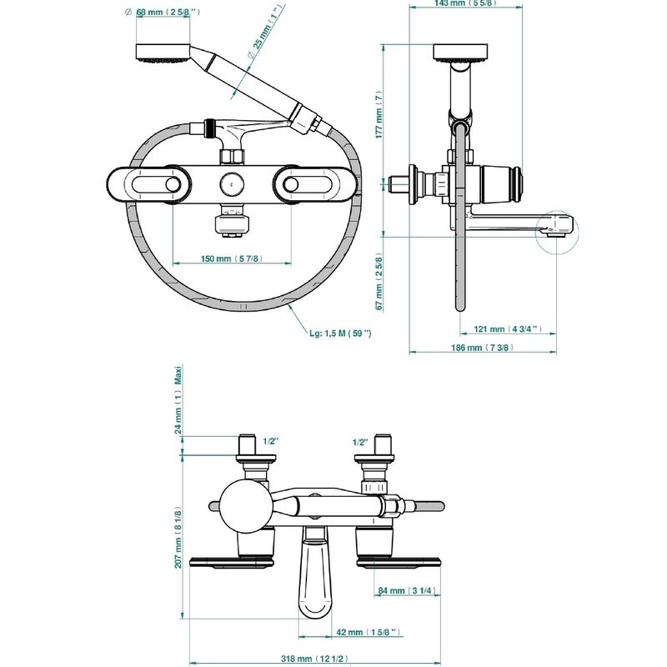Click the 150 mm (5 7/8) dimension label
click(x=232, y=258)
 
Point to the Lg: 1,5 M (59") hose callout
click(x=340, y=333)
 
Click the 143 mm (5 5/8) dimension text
click(x=465, y=3)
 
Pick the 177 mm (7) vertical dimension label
click(x=379, y=114)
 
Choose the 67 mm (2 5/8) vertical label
click(x=379, y=282)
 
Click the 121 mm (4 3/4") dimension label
click(x=508, y=328)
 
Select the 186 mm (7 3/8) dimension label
click(x=483, y=348)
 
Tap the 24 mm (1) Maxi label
click(x=178, y=400)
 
